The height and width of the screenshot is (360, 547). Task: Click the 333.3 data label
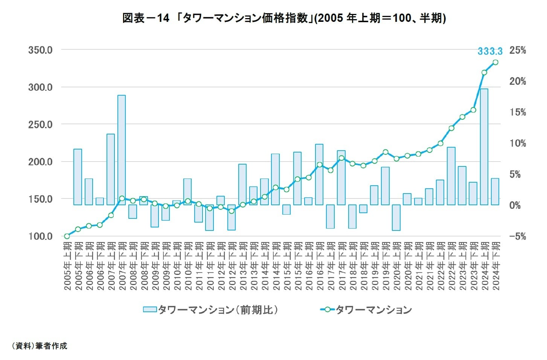tap(490, 51)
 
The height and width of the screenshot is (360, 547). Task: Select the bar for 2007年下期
tap(122, 150)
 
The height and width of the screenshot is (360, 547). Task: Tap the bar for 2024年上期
tap(484, 147)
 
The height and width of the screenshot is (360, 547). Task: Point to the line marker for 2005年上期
tap(67, 236)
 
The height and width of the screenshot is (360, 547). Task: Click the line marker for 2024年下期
tap(495, 63)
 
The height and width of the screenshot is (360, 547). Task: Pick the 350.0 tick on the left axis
tap(40, 50)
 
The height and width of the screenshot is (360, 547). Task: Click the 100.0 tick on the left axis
tap(40, 236)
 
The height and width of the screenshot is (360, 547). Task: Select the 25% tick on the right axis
tap(518, 50)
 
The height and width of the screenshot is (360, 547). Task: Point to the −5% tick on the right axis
tap(518, 236)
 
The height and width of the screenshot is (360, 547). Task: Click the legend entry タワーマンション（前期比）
tap(211, 310)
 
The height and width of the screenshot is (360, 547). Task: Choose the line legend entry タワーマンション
tap(366, 310)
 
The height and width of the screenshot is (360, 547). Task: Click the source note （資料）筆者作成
tap(40, 346)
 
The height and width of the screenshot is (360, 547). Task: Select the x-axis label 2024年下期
tap(496, 266)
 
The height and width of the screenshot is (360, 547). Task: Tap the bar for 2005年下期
tap(78, 177)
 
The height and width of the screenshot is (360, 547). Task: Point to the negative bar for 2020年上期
tap(396, 217)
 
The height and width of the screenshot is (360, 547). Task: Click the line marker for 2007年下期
tap(122, 198)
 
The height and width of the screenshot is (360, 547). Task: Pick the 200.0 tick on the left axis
tap(40, 162)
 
